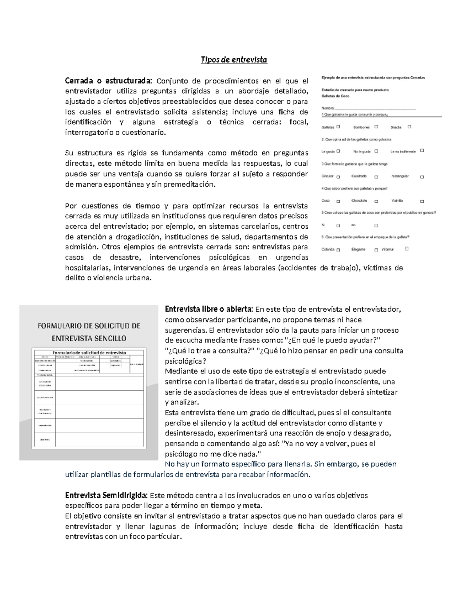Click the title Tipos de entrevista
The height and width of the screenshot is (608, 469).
click(x=234, y=60)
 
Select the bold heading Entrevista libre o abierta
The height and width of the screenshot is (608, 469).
click(x=209, y=309)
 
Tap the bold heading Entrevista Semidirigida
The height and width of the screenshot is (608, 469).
click(x=106, y=495)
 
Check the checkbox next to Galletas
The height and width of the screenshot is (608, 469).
click(x=338, y=126)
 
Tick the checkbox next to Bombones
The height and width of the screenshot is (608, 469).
click(x=376, y=126)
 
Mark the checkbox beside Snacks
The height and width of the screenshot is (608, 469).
click(x=409, y=126)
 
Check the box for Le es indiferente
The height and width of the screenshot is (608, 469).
click(x=422, y=150)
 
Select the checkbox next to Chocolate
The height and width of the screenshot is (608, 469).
click(x=376, y=201)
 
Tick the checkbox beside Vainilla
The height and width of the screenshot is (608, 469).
click(x=422, y=201)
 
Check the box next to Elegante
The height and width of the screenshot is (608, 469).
click(x=376, y=250)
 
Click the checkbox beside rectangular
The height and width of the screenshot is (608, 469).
click(x=422, y=177)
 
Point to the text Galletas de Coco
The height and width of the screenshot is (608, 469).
click(x=335, y=96)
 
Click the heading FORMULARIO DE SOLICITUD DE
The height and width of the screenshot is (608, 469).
click(x=89, y=326)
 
